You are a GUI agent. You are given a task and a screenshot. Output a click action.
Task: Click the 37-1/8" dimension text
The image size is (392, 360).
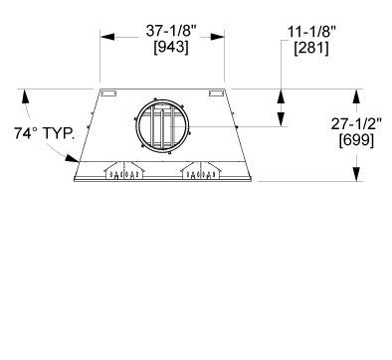coord(171,32)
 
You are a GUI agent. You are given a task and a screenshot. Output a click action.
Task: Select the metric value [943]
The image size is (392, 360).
coord(171,47)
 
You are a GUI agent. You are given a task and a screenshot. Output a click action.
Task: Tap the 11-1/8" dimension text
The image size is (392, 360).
coord(311,33)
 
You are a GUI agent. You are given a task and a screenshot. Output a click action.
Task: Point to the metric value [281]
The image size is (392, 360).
coord(311,49)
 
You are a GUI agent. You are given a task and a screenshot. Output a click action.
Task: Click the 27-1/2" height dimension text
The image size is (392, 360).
coord(356,124)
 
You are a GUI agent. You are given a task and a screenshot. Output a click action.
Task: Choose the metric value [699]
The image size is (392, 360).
coord(356,140)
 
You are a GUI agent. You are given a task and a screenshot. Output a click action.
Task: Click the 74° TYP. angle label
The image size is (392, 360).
coord(44,133)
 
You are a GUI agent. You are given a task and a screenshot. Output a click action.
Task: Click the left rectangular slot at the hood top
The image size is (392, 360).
coord(108,93)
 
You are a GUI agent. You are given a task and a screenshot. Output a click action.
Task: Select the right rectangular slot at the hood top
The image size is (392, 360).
coord(216,93)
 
